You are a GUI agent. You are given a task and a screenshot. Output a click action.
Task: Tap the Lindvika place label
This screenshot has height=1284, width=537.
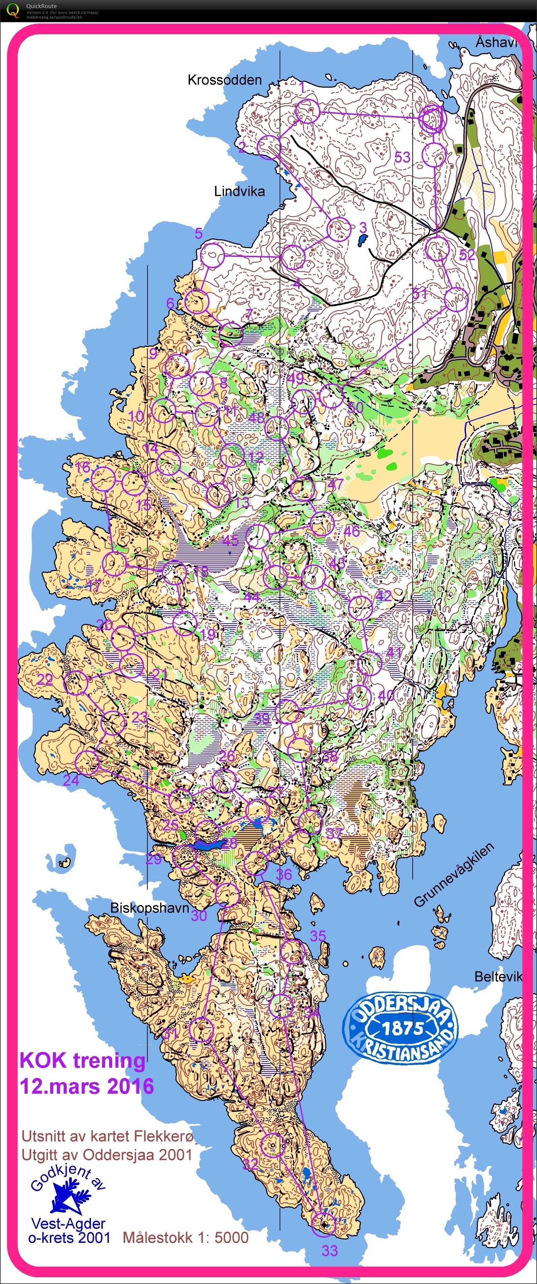[x=239, y=191]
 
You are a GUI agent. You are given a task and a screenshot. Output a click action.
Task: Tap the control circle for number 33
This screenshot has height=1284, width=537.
[x=323, y=1225]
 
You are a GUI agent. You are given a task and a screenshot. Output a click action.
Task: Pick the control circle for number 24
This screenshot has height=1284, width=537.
[x=87, y=762]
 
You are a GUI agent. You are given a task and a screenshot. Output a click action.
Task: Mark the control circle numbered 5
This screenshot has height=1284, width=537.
[x=212, y=256]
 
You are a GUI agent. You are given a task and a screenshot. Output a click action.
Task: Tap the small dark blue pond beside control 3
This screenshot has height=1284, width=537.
[x=362, y=240]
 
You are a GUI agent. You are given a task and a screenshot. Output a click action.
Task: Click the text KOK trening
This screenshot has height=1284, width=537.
[x=82, y=1060]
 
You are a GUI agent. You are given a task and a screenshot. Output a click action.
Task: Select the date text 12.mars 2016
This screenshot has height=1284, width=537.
[x=87, y=1086]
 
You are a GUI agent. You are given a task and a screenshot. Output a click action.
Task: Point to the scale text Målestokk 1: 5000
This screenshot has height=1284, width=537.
[x=185, y=1237]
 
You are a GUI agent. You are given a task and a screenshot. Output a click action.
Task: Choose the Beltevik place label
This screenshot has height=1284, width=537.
[x=498, y=977]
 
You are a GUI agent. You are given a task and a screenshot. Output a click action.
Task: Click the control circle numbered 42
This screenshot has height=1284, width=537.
[x=360, y=607]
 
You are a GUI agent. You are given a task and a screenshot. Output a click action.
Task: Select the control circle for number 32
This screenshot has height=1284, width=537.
[x=273, y=1144]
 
